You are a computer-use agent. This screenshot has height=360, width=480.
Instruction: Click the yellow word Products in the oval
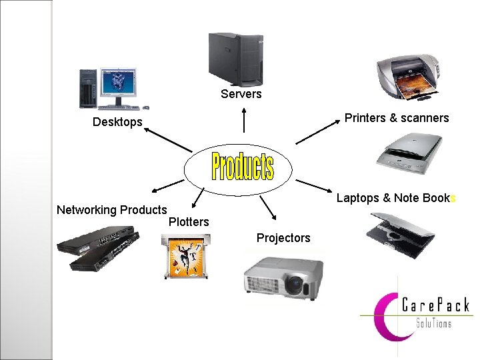point(242,167)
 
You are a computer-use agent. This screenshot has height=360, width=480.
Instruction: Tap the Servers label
point(241,94)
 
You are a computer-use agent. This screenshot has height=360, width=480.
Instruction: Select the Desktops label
point(117,122)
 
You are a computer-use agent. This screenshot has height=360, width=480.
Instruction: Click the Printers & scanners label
point(397,118)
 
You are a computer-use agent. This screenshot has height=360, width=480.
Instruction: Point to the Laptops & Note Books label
point(395,198)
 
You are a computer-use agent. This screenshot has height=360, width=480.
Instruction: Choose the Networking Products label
point(111,210)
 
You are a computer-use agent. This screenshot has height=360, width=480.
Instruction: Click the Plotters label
point(189,222)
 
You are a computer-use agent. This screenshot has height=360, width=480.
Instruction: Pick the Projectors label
point(283,238)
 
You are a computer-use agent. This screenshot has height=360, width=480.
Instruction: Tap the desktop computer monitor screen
point(119,84)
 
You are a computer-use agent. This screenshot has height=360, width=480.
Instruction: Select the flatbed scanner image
point(408,153)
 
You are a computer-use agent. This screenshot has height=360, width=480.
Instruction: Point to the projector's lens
point(294,285)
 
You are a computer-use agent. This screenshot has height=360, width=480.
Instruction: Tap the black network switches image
point(98,246)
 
